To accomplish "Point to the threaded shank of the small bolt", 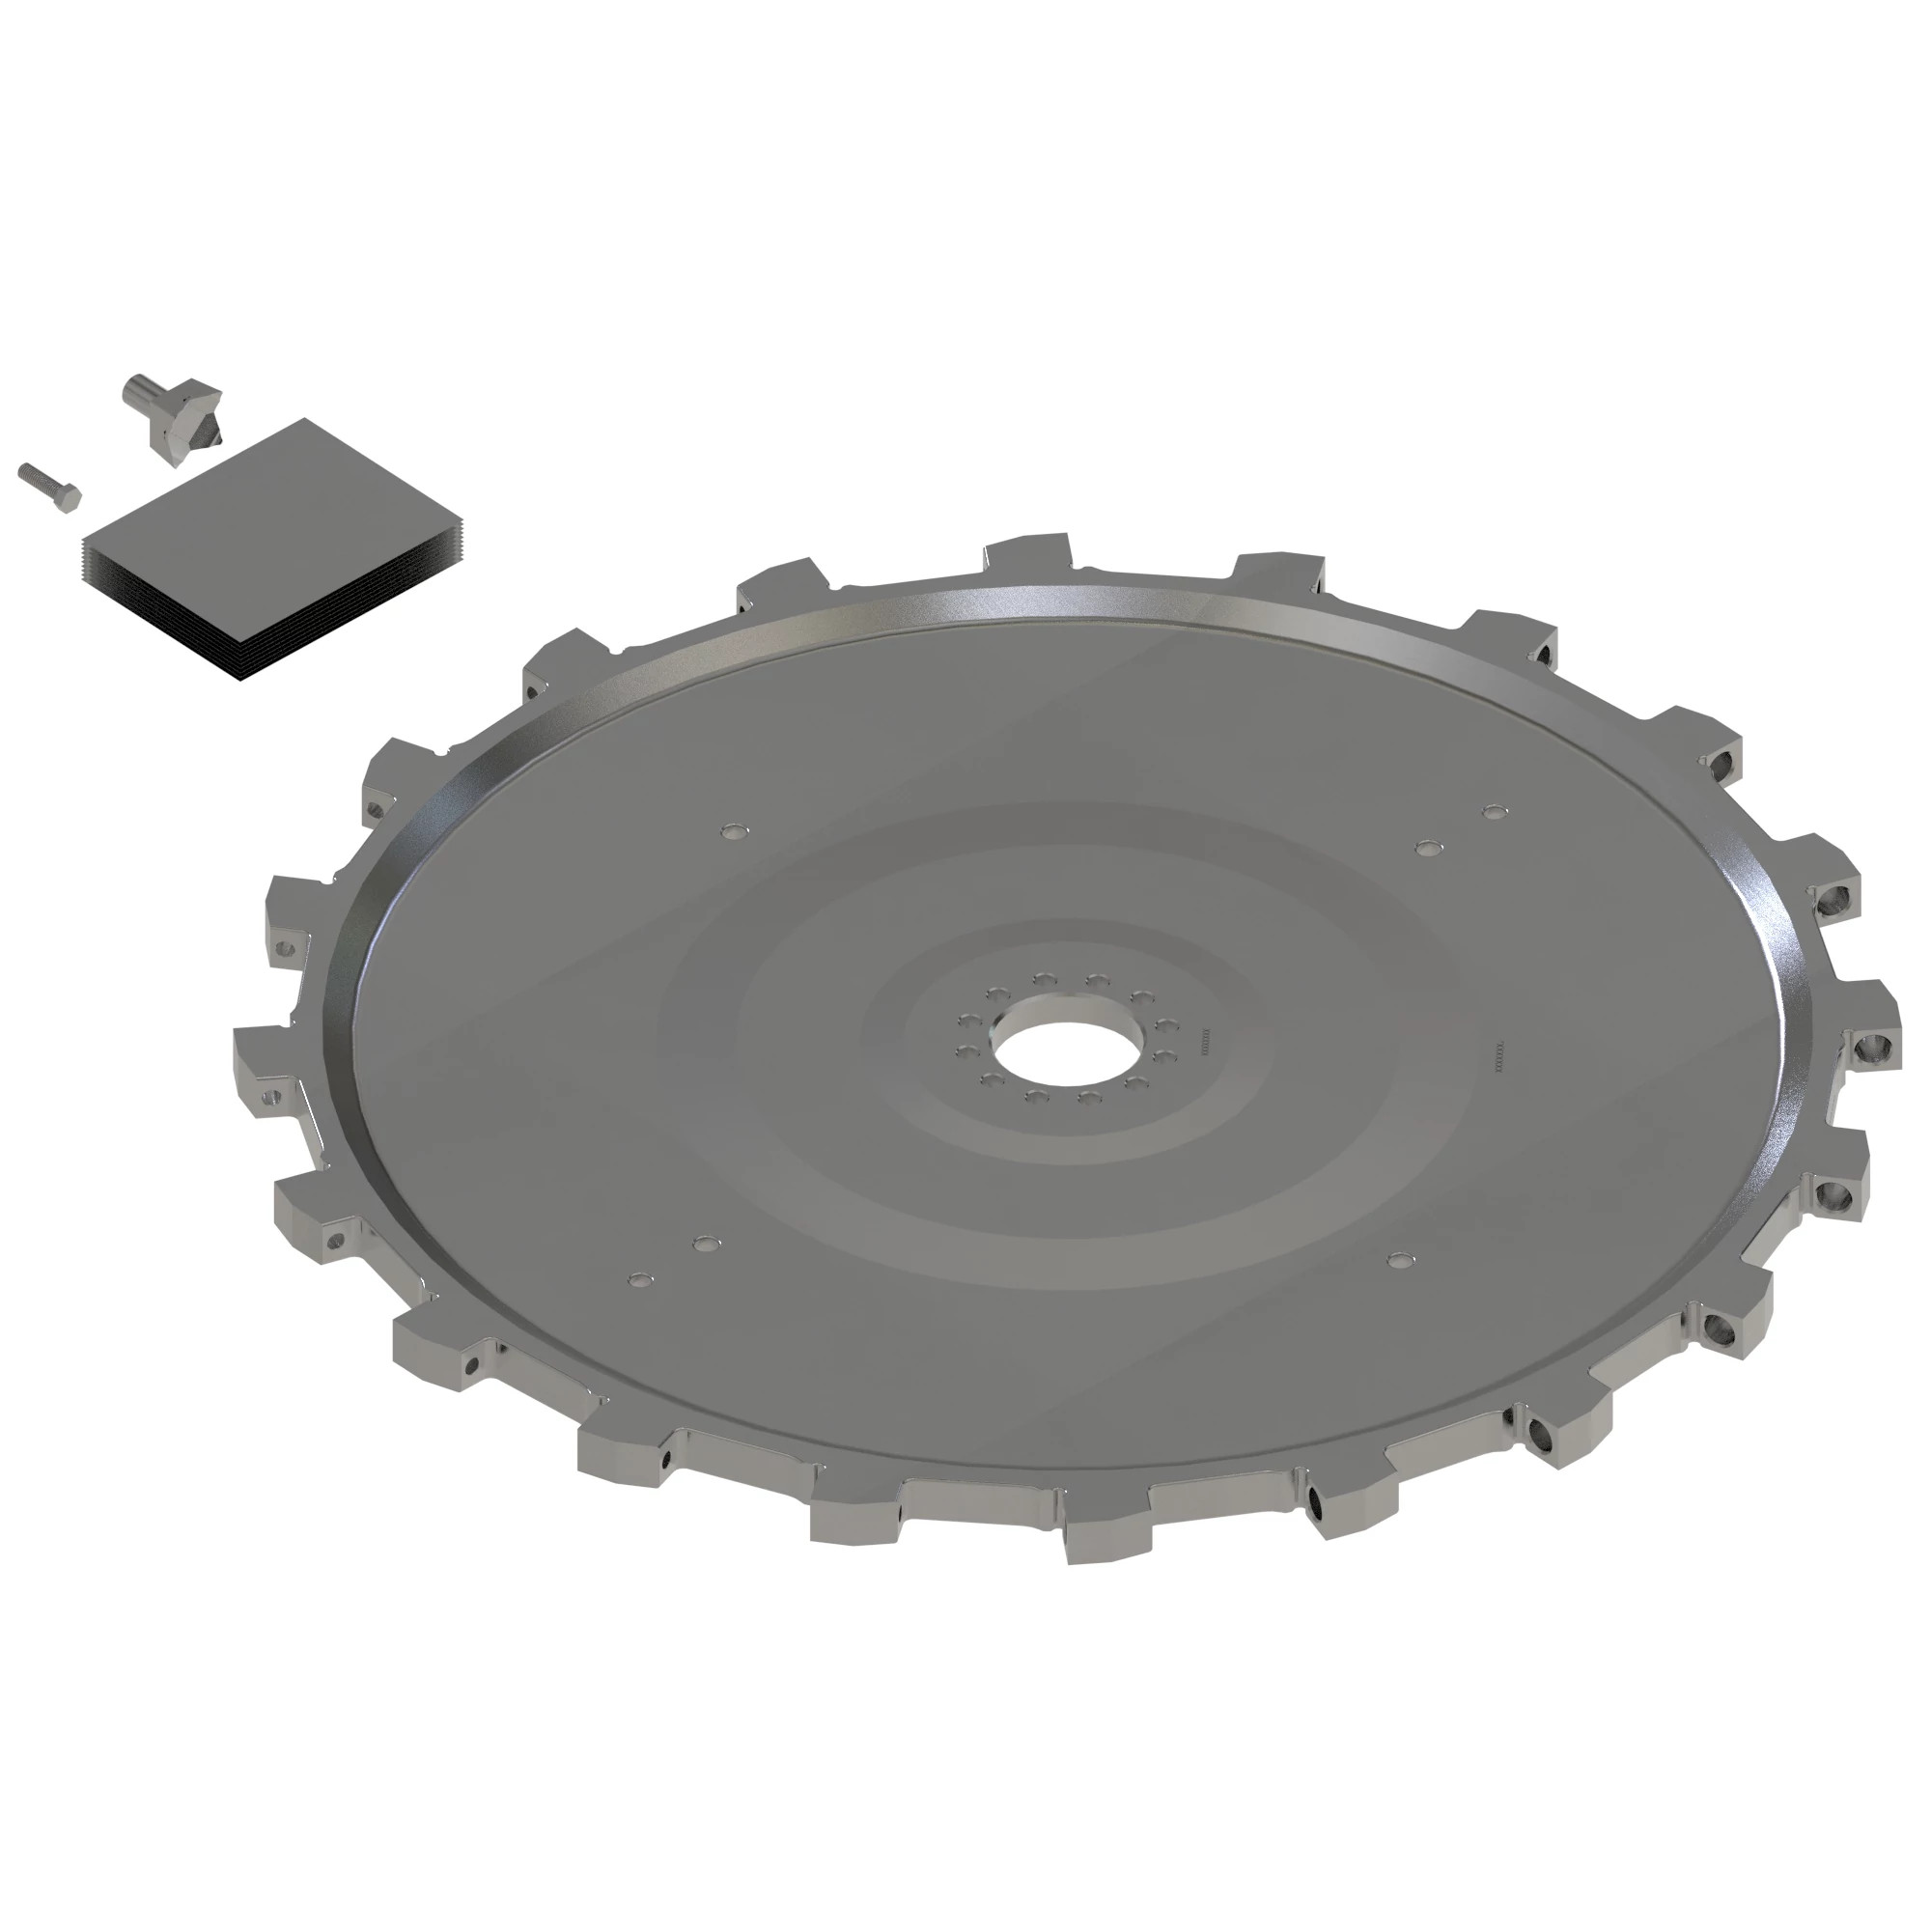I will (38, 477).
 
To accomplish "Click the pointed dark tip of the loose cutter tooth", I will (212, 436).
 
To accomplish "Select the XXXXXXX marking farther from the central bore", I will (1499, 1055).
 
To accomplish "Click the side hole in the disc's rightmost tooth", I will (1869, 1049).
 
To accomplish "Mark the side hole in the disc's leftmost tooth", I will (268, 1097).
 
